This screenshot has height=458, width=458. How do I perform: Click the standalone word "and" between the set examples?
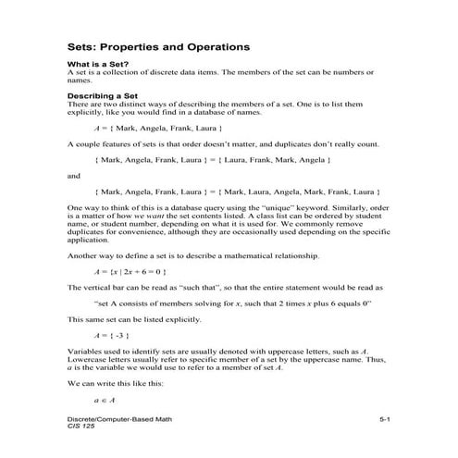pos(75,176)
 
